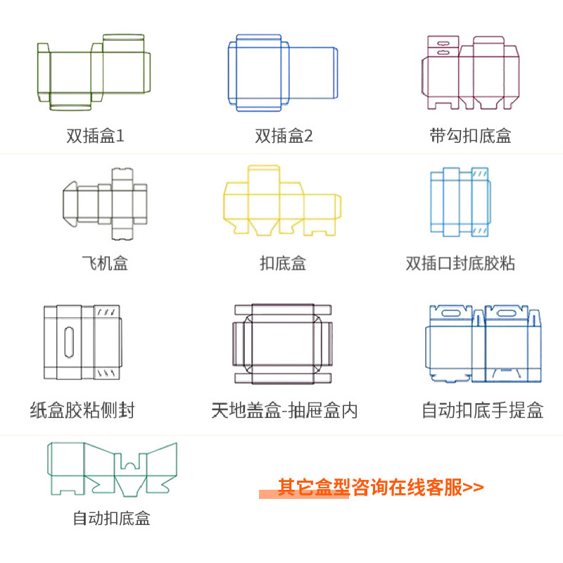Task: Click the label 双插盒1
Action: point(95,136)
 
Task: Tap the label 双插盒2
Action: point(284,136)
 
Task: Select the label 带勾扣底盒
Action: point(470,136)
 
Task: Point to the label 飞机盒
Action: point(105,264)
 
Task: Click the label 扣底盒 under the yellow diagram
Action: point(283,264)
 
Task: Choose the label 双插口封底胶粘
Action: point(460,264)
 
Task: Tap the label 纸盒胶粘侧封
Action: point(82,410)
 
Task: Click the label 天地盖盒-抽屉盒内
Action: point(284,410)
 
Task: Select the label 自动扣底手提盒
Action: point(482,410)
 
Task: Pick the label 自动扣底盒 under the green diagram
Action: point(111,519)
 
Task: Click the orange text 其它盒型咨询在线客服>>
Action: point(381,487)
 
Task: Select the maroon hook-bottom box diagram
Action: point(469,73)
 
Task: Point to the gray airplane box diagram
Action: point(104,200)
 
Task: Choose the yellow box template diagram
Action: point(281,201)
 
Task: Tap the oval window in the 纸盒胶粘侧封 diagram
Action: point(69,342)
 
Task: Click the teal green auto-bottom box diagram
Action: point(112,468)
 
